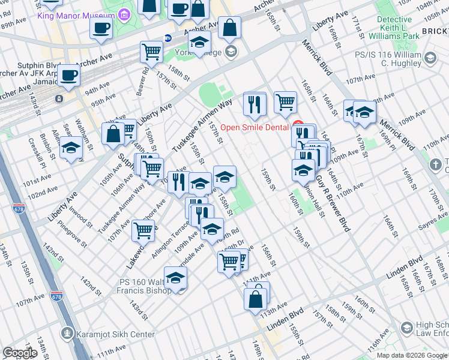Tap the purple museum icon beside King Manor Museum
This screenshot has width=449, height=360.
[x=124, y=13]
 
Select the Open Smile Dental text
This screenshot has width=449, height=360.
[x=255, y=127]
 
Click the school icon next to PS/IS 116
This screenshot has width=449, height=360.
[x=430, y=58]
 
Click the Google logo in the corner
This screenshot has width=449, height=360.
[x=19, y=353]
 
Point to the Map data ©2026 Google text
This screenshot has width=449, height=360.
[x=411, y=355]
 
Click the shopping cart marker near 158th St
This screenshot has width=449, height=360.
[x=151, y=52]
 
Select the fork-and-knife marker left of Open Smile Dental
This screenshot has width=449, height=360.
[x=255, y=104]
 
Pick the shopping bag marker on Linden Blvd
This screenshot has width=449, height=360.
[x=255, y=298]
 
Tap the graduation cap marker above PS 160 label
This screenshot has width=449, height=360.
[x=175, y=277]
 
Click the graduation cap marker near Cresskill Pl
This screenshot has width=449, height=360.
[x=71, y=147]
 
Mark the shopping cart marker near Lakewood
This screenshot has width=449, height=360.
[x=143, y=229]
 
